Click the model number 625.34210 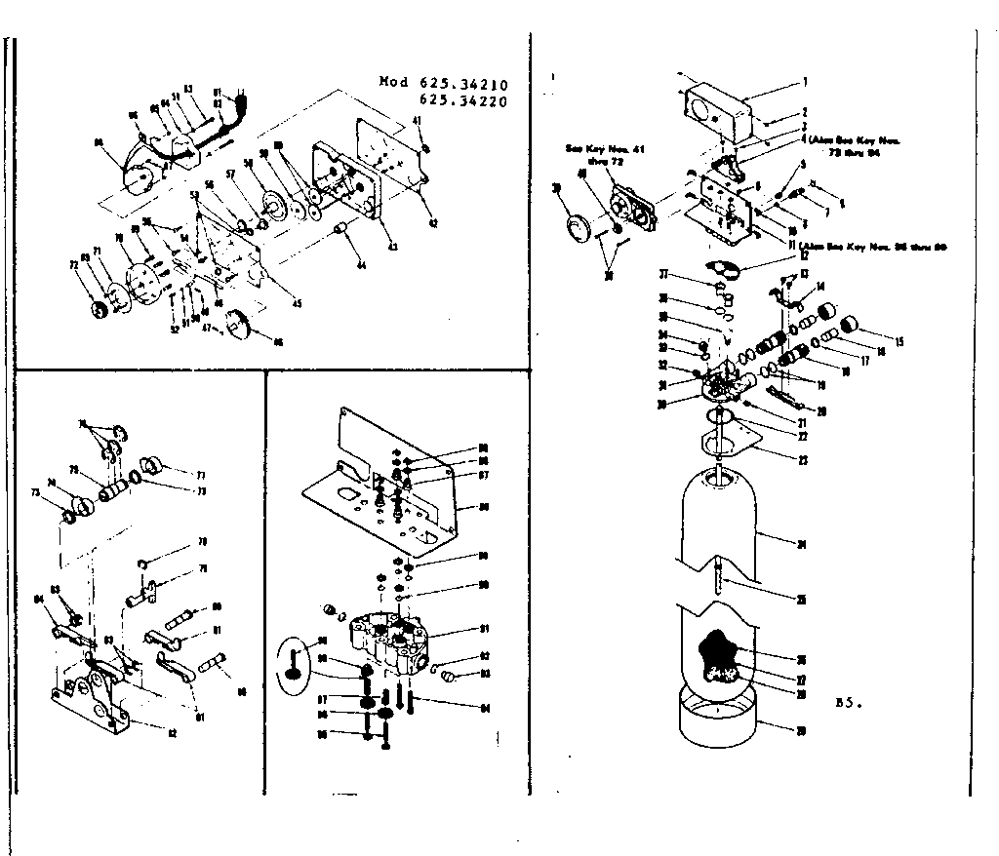click(x=472, y=83)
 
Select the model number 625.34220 click(x=472, y=99)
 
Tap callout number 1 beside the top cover click(x=806, y=81)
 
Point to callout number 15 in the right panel click(x=899, y=341)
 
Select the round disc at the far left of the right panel click(x=577, y=227)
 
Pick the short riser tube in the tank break click(x=719, y=580)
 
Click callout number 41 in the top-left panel click(x=416, y=120)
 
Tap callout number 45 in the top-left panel click(x=297, y=303)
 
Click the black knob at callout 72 click(x=100, y=310)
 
